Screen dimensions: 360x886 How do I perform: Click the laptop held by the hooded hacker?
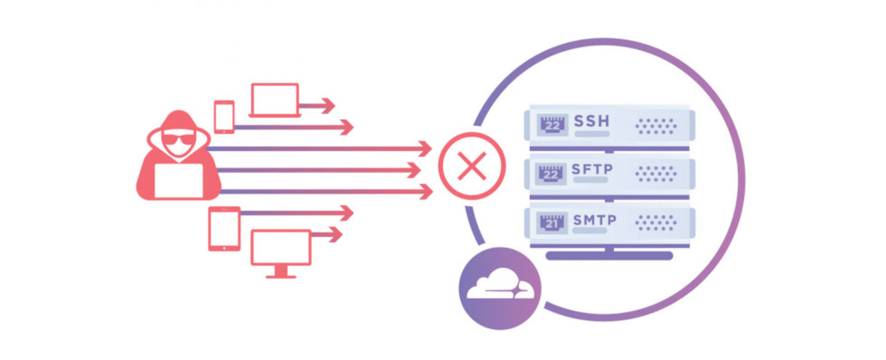(178, 181)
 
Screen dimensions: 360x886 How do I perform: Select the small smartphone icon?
(224, 116)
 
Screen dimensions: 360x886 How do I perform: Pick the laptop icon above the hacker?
(274, 100)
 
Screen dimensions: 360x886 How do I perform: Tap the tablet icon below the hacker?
(224, 228)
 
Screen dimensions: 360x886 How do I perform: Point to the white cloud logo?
(500, 287)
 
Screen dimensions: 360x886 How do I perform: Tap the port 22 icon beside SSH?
(552, 125)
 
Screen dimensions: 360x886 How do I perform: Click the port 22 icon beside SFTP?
(552, 174)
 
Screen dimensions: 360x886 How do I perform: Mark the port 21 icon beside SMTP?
(552, 223)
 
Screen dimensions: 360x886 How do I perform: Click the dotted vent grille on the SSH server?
(656, 125)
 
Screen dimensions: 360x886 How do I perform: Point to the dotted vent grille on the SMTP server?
(656, 223)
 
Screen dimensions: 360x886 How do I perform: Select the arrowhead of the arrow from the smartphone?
(345, 127)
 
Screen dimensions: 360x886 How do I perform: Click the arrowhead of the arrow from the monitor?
(335, 235)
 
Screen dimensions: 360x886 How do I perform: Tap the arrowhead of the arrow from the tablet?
(345, 213)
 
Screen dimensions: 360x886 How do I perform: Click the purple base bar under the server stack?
(609, 255)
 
